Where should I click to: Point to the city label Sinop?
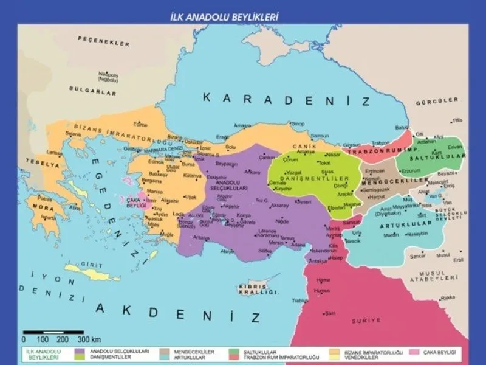tap(297, 123)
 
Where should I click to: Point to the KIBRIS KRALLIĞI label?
tap(252, 289)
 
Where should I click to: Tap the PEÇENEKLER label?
tap(104, 42)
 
